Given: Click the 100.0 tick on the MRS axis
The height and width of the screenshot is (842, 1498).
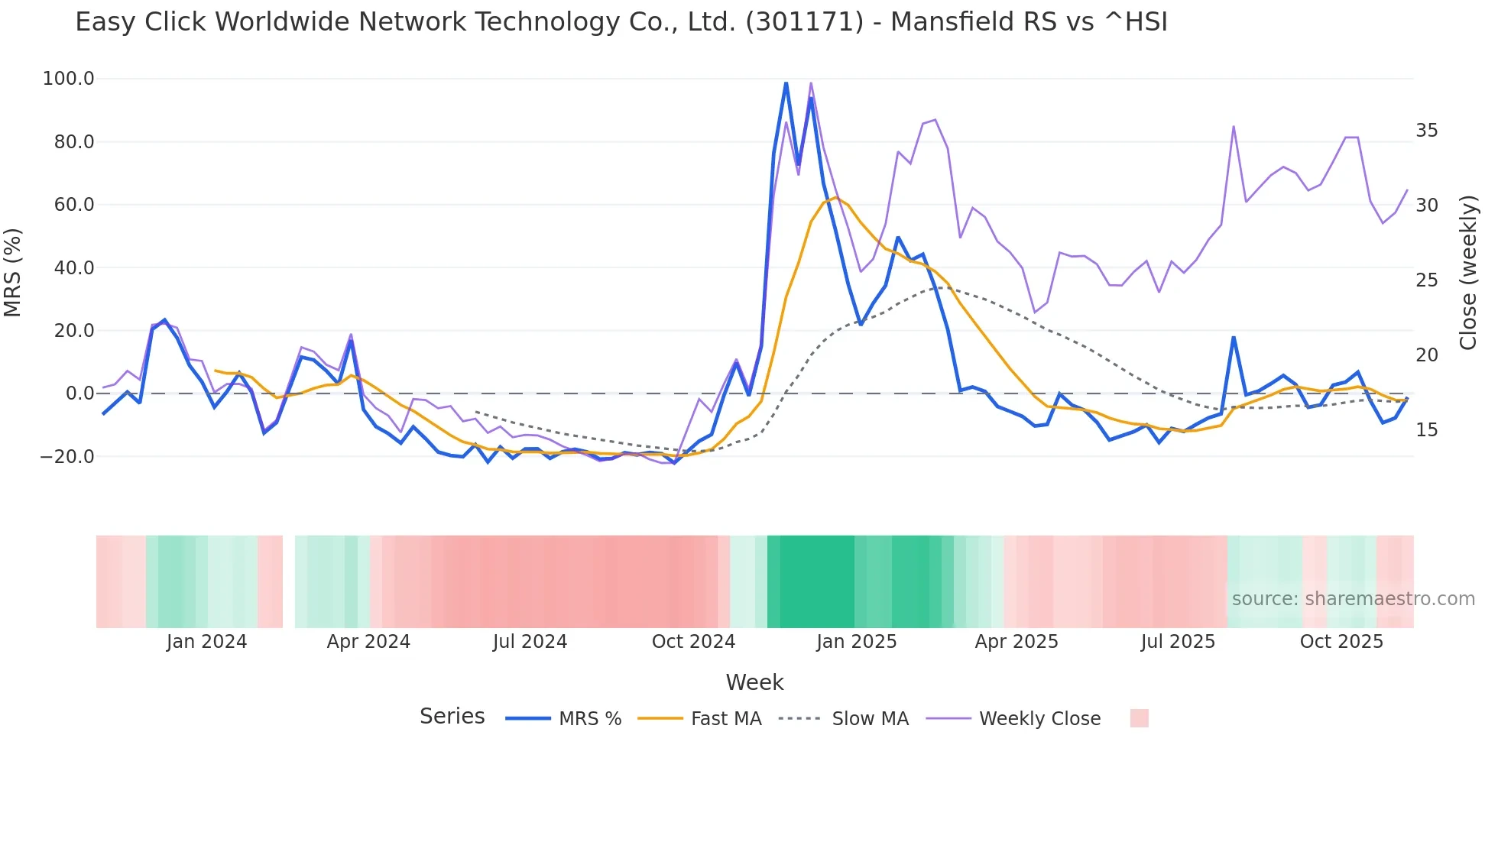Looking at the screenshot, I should pyautogui.click(x=68, y=79).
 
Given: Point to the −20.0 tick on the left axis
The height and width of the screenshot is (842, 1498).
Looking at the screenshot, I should pyautogui.click(x=66, y=457).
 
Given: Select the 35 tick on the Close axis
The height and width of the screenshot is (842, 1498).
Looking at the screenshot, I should pyautogui.click(x=1426, y=131).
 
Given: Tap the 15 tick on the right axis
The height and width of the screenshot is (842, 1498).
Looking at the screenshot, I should pyautogui.click(x=1426, y=430).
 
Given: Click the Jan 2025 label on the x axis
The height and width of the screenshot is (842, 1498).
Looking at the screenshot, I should pyautogui.click(x=856, y=642).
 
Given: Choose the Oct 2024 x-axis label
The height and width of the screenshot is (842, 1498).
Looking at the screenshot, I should pyautogui.click(x=693, y=642).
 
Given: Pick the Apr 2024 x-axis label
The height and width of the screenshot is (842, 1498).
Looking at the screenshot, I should pyautogui.click(x=368, y=642).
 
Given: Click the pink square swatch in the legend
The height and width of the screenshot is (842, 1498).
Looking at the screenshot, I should pyautogui.click(x=1139, y=718).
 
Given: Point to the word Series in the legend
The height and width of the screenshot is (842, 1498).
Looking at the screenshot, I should pyautogui.click(x=452, y=717).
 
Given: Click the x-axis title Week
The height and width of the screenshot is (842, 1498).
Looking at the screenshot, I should pyautogui.click(x=754, y=682).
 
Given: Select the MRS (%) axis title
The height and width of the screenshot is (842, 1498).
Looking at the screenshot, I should pyautogui.click(x=13, y=272).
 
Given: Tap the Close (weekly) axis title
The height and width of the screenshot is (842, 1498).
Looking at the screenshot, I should pyautogui.click(x=1468, y=272).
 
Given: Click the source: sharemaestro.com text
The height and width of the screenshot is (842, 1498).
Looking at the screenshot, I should pyautogui.click(x=1353, y=599).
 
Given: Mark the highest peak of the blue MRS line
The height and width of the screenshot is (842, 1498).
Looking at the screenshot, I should pyautogui.click(x=786, y=82).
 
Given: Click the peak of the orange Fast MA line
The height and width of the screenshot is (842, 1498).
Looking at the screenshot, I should pyautogui.click(x=836, y=198).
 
